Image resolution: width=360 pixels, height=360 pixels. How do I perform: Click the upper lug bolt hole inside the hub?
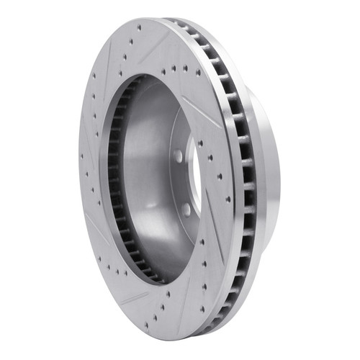tap(178, 156)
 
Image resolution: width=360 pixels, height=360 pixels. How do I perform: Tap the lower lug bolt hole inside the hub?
tap(186, 209)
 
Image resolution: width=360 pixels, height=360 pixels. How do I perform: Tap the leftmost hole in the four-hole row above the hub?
tap(165, 71)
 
